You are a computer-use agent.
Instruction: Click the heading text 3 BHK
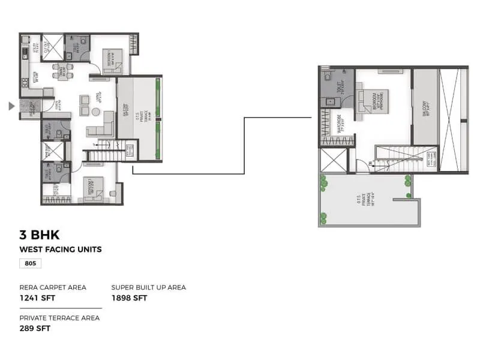(40, 235)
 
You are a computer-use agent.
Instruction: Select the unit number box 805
(30, 263)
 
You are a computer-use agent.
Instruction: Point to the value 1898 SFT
(129, 298)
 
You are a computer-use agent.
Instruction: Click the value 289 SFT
(35, 328)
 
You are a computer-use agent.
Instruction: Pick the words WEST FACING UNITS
(61, 250)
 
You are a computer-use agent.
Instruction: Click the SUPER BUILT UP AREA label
(148, 287)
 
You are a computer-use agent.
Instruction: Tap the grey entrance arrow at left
(11, 106)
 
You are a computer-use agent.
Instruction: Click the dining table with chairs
(62, 71)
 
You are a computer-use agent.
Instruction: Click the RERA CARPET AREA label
(53, 287)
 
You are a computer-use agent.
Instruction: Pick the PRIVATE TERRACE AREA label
(59, 318)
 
